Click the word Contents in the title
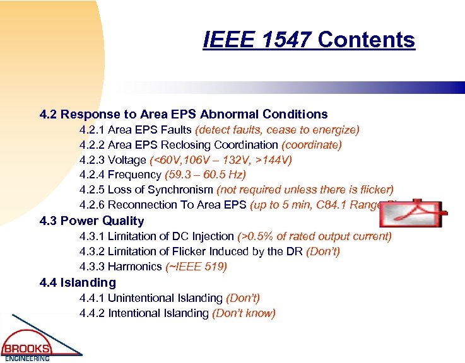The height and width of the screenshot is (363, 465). tap(367, 40)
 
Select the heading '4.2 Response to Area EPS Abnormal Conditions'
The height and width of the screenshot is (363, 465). tap(184, 114)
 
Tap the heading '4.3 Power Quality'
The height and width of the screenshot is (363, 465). tap(91, 221)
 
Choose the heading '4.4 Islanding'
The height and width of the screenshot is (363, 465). tap(78, 282)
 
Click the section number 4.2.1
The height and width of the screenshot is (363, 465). tap(92, 130)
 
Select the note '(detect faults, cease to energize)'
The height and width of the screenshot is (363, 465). tap(278, 130)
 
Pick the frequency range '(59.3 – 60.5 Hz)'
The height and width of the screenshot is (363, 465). tap(205, 175)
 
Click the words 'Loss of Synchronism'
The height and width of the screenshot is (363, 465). tap(161, 190)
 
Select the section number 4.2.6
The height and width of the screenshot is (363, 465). tap(92, 205)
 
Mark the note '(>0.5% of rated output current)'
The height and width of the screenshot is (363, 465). tap(314, 236)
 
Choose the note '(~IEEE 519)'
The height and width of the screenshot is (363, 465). tap(196, 267)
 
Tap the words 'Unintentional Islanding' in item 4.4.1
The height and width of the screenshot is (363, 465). tap(165, 297)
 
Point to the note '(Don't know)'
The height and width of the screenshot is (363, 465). tap(244, 313)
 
